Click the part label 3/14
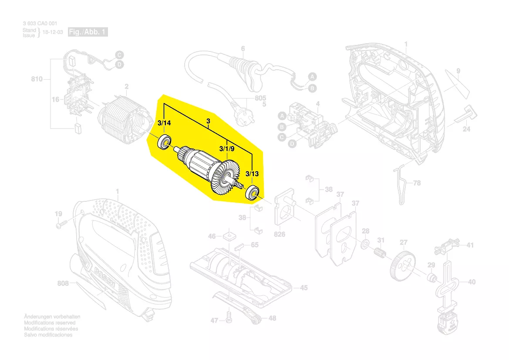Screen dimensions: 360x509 click(164, 124)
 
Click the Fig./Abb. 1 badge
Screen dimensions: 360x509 click(88, 32)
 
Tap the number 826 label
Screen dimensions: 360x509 click(279, 234)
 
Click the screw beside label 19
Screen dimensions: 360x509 click(61, 225)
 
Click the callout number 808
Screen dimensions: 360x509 click(63, 284)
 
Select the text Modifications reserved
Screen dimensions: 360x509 click(50, 323)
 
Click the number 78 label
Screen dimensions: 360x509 click(417, 183)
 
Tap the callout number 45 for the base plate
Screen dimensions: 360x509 click(303, 288)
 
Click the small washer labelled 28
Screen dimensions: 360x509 click(365, 242)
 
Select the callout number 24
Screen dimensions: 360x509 click(466, 129)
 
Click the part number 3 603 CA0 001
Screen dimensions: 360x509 click(40, 24)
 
